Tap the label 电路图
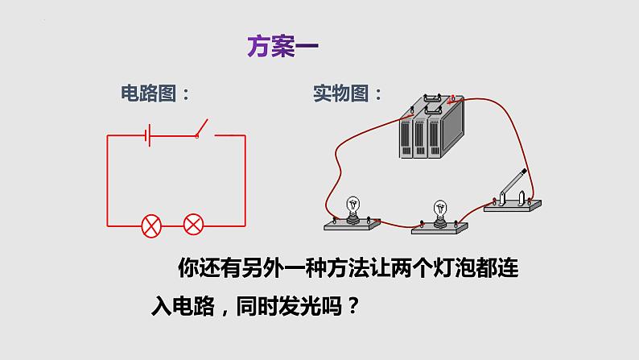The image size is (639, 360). tap(152, 93)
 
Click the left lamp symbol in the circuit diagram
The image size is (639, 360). tap(150, 225)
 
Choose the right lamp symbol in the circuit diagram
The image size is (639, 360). tap(193, 225)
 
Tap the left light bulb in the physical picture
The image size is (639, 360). tap(352, 206)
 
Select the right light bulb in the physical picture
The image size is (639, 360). tap(440, 211)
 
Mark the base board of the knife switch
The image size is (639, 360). tap(513, 207)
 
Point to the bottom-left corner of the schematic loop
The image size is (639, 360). tap(108, 225)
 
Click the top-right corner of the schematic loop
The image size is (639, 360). tap(245, 135)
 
